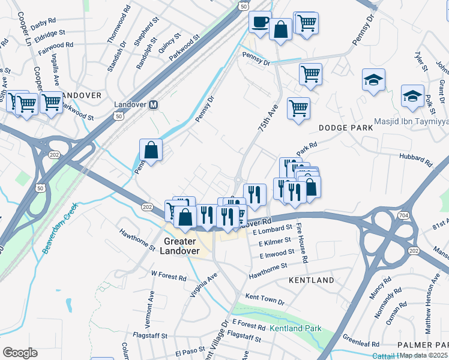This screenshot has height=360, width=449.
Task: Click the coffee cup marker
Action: point(259,22)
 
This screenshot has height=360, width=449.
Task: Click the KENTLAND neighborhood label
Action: point(311,280)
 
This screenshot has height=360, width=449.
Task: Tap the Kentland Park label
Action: point(295,328)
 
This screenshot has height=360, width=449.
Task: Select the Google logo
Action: point(20,353)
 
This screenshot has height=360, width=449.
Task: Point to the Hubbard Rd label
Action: point(415,159)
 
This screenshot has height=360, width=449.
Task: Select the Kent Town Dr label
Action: point(265,298)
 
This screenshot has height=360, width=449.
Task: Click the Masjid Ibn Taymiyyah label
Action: point(411,122)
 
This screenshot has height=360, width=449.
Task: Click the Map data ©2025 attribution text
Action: point(424,355)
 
